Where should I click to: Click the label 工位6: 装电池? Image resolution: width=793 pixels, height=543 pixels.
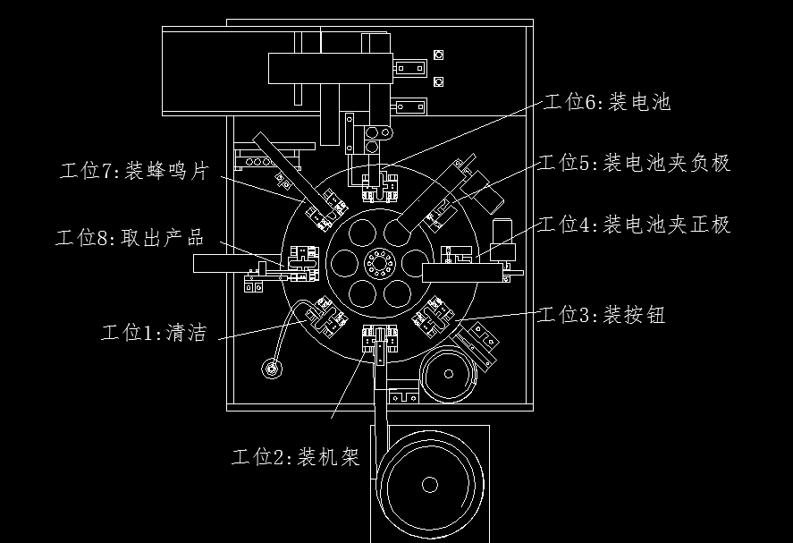coord(607,102)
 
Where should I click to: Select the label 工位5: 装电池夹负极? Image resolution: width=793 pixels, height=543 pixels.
coord(635,163)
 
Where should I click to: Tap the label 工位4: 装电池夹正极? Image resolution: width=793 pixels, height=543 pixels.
coord(635,225)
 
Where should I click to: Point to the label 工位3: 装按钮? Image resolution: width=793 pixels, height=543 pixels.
coord(602,315)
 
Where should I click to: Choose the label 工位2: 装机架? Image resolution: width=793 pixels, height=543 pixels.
coord(296,456)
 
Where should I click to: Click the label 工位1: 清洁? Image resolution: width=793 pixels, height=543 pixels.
coord(155,333)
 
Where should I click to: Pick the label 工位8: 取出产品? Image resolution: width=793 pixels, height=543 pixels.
coord(130,237)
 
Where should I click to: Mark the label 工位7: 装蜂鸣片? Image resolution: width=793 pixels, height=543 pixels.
coord(134,171)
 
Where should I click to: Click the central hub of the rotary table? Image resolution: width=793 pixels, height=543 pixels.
coord(379,263)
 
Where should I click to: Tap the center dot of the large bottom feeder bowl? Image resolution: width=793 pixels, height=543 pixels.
coord(430,484)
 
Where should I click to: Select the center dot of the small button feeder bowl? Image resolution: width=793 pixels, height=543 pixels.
coord(449,374)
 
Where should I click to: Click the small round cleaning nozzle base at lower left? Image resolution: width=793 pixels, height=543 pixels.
coord(272,369)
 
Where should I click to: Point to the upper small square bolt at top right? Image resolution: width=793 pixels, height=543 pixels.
coord(438,55)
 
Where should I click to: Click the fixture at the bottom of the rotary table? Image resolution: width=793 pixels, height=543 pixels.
coord(380,340)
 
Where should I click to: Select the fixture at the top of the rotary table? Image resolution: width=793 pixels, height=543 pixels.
coord(380,187)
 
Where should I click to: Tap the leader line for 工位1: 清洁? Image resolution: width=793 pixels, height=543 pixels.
coord(263,329)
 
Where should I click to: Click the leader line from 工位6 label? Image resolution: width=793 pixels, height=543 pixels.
coord(463,134)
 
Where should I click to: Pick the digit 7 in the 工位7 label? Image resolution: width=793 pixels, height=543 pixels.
coord(106,171)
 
